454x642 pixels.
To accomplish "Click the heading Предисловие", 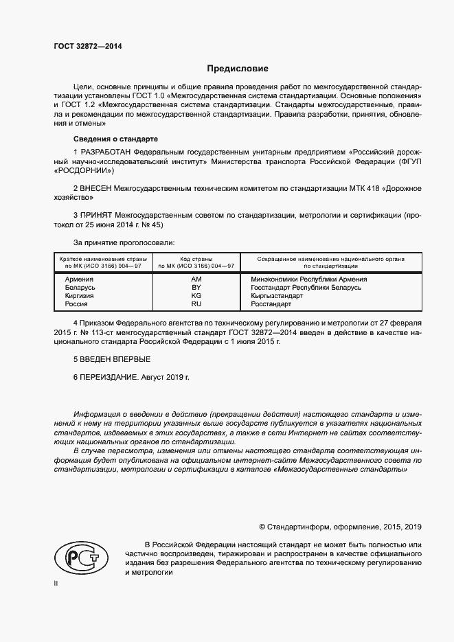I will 238,69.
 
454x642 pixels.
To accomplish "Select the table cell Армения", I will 79,279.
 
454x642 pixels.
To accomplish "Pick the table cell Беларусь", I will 80,288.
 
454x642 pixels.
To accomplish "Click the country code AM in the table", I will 196,279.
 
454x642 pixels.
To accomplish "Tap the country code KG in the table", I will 196,295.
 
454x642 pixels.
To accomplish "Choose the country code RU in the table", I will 196,303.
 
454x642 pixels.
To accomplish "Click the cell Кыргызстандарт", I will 277,295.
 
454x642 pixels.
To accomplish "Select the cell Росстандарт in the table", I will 271,303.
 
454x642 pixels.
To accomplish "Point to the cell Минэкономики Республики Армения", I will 309,279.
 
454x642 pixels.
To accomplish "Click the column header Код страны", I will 196,259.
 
